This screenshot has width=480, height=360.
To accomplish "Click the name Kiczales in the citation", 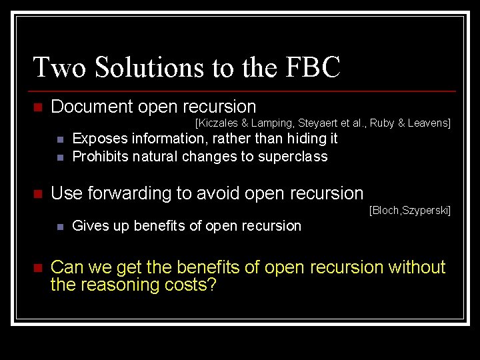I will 217,123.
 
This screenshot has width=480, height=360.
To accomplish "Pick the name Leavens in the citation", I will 428,123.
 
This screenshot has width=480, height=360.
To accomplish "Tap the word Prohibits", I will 101,157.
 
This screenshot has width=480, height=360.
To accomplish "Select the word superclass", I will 295,157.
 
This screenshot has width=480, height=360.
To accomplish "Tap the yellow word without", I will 416,267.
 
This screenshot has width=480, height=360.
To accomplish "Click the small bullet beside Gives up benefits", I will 59,227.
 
